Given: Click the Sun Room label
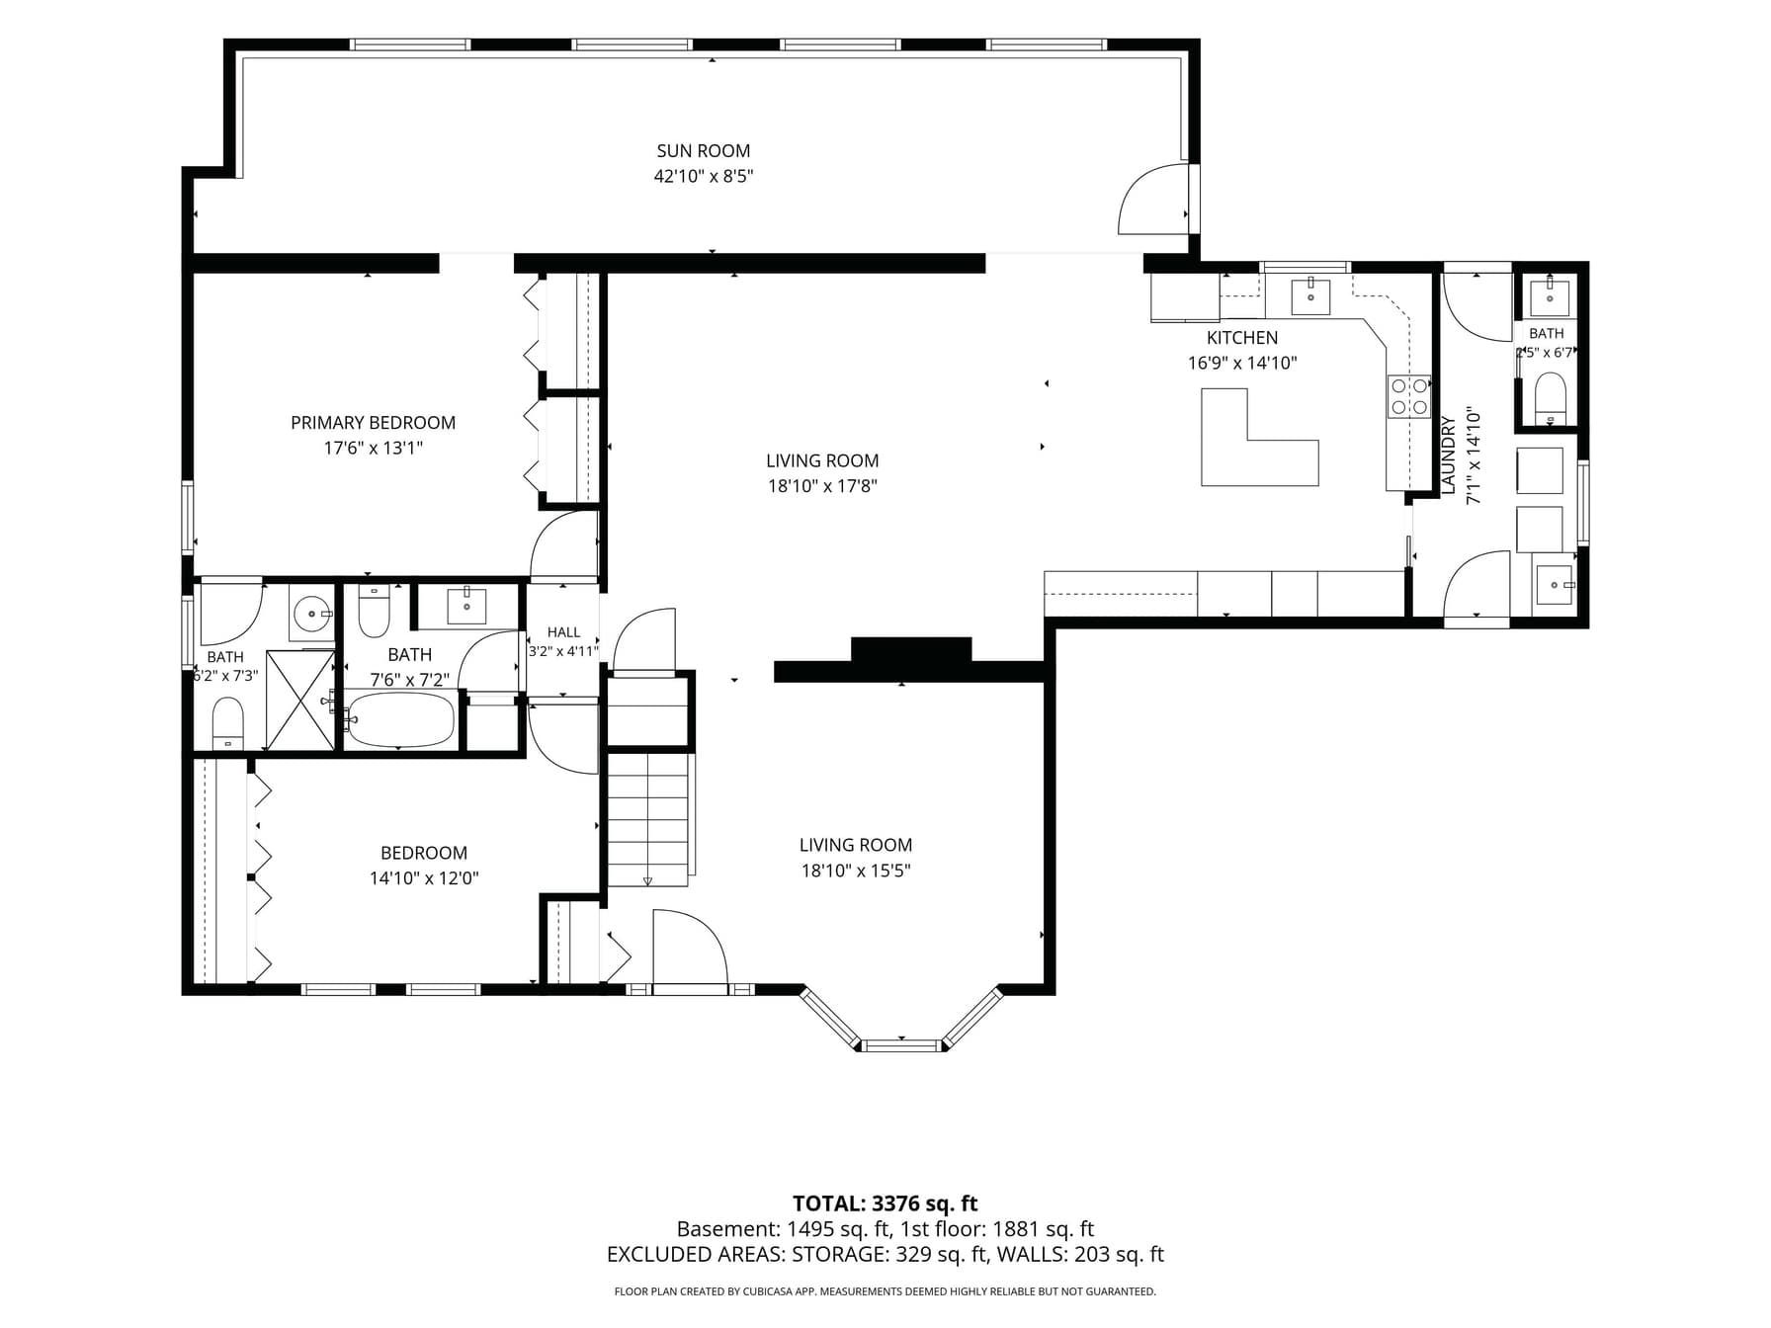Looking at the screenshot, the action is click(x=703, y=151).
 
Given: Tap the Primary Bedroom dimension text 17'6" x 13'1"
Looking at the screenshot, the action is click(x=373, y=448).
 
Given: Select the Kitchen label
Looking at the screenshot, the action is click(x=1242, y=338).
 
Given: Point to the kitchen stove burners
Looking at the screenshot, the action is click(x=1408, y=395).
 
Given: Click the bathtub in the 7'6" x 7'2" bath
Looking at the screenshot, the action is click(x=401, y=719).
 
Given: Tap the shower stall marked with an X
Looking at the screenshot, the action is click(x=300, y=701).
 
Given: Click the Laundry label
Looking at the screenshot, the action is click(x=1449, y=455).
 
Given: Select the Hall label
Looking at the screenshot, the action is click(x=563, y=632).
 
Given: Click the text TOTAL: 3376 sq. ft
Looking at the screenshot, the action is click(x=885, y=1203).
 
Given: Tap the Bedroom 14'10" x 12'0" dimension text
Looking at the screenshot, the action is click(x=424, y=878).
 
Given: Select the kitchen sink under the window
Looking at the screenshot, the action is click(x=1310, y=295).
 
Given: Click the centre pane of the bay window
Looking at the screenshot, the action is click(x=901, y=1043).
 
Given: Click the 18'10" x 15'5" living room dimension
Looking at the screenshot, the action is click(x=856, y=871).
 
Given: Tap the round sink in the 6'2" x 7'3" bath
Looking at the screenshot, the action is click(x=312, y=615).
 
